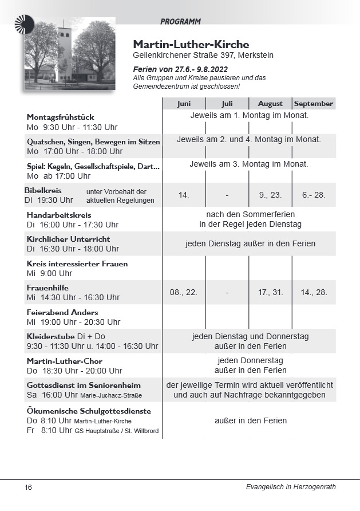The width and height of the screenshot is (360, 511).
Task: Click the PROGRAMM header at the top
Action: [x=180, y=22]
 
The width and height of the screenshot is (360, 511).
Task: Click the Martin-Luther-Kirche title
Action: [x=191, y=44]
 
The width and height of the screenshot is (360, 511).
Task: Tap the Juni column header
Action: [x=184, y=104]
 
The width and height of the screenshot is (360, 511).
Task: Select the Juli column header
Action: [x=227, y=104]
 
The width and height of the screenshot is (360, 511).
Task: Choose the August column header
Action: [x=270, y=104]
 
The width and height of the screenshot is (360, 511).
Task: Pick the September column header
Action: [x=314, y=104]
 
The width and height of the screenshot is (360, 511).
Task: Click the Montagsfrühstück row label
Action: [x=60, y=117]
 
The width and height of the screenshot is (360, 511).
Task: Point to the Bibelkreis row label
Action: [x=43, y=190]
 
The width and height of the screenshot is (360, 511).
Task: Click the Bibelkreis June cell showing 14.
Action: [x=184, y=195]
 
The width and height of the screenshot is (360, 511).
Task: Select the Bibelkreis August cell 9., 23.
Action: [x=270, y=195]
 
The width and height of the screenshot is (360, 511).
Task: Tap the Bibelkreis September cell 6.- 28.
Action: [x=314, y=195]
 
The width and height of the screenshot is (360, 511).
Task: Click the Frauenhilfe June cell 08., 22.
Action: [x=184, y=292]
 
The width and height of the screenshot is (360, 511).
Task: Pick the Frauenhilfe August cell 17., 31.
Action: [x=270, y=292]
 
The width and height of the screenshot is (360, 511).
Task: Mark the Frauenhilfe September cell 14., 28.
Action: [x=314, y=292]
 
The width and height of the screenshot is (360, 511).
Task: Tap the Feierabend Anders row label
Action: [x=62, y=312]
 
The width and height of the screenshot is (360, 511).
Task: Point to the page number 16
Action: [x=28, y=488]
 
